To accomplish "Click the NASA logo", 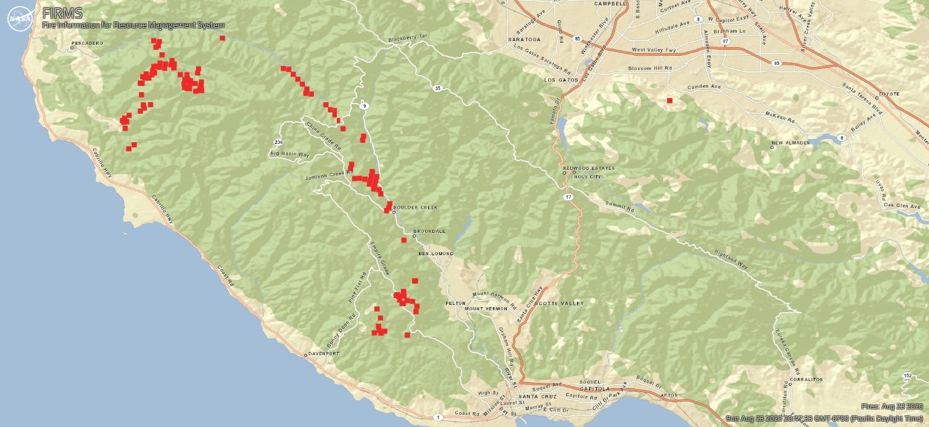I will [x=20, y=19].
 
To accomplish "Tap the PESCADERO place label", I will [x=87, y=44].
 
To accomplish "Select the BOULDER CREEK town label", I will [x=415, y=207].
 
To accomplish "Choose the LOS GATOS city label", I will [x=558, y=80].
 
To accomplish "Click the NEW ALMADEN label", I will [x=790, y=143].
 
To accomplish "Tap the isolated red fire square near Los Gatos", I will [x=670, y=100].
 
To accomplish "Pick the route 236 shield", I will [x=278, y=143].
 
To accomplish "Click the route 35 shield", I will [x=437, y=88].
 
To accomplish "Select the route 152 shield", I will [x=907, y=376].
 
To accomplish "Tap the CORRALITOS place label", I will [x=806, y=380].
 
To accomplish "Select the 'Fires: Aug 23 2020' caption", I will [x=892, y=406].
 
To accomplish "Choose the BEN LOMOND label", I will [x=435, y=253].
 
